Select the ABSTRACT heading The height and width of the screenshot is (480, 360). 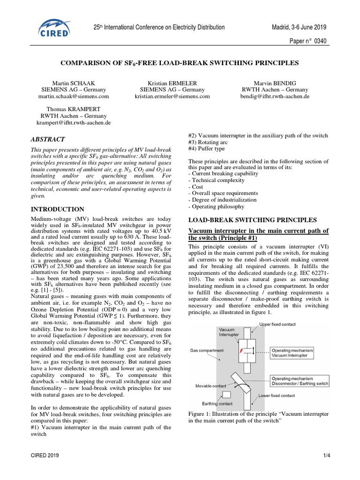click(x=48, y=139)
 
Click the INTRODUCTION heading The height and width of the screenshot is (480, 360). click(x=57, y=209)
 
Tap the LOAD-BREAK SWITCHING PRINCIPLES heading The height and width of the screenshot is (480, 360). click(x=252, y=220)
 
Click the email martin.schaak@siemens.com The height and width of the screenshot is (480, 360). click(x=74, y=96)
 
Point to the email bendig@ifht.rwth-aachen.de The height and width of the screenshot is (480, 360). click(x=275, y=96)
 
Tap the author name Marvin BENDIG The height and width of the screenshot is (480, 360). click(x=275, y=83)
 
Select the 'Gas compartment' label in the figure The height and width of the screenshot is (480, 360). click(x=207, y=350)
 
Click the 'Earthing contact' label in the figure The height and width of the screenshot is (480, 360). click(x=217, y=403)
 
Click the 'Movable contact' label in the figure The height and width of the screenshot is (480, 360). click(x=211, y=386)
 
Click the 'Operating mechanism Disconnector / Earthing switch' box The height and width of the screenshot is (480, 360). click(x=300, y=381)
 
